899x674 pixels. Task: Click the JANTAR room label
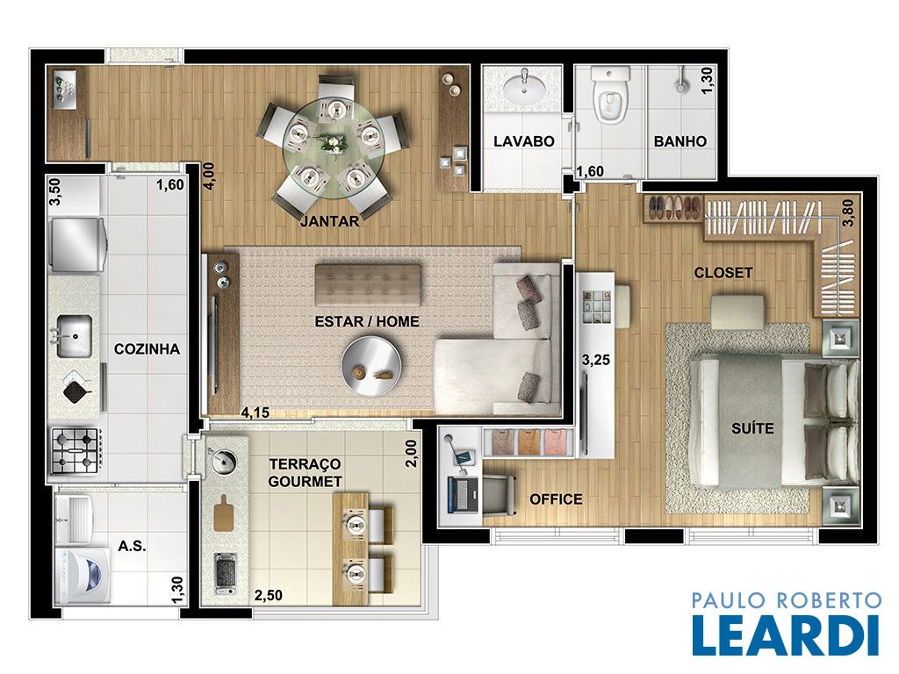click(x=330, y=221)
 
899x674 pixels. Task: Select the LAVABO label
click(x=524, y=141)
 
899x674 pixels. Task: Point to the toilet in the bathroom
click(x=611, y=96)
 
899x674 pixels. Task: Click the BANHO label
click(x=680, y=141)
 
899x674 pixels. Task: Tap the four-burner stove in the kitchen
click(x=77, y=450)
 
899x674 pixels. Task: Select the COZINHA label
click(x=147, y=349)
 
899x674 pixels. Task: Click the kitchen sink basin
click(x=74, y=336)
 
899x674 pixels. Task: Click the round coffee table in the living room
click(x=371, y=364)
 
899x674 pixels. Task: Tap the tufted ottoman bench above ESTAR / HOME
click(x=368, y=285)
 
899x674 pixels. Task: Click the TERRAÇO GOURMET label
click(x=305, y=472)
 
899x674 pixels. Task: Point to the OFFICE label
click(x=556, y=499)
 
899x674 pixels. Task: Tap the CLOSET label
click(x=723, y=273)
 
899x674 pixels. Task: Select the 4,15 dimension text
click(x=255, y=412)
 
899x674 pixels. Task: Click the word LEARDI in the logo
click(x=786, y=635)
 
